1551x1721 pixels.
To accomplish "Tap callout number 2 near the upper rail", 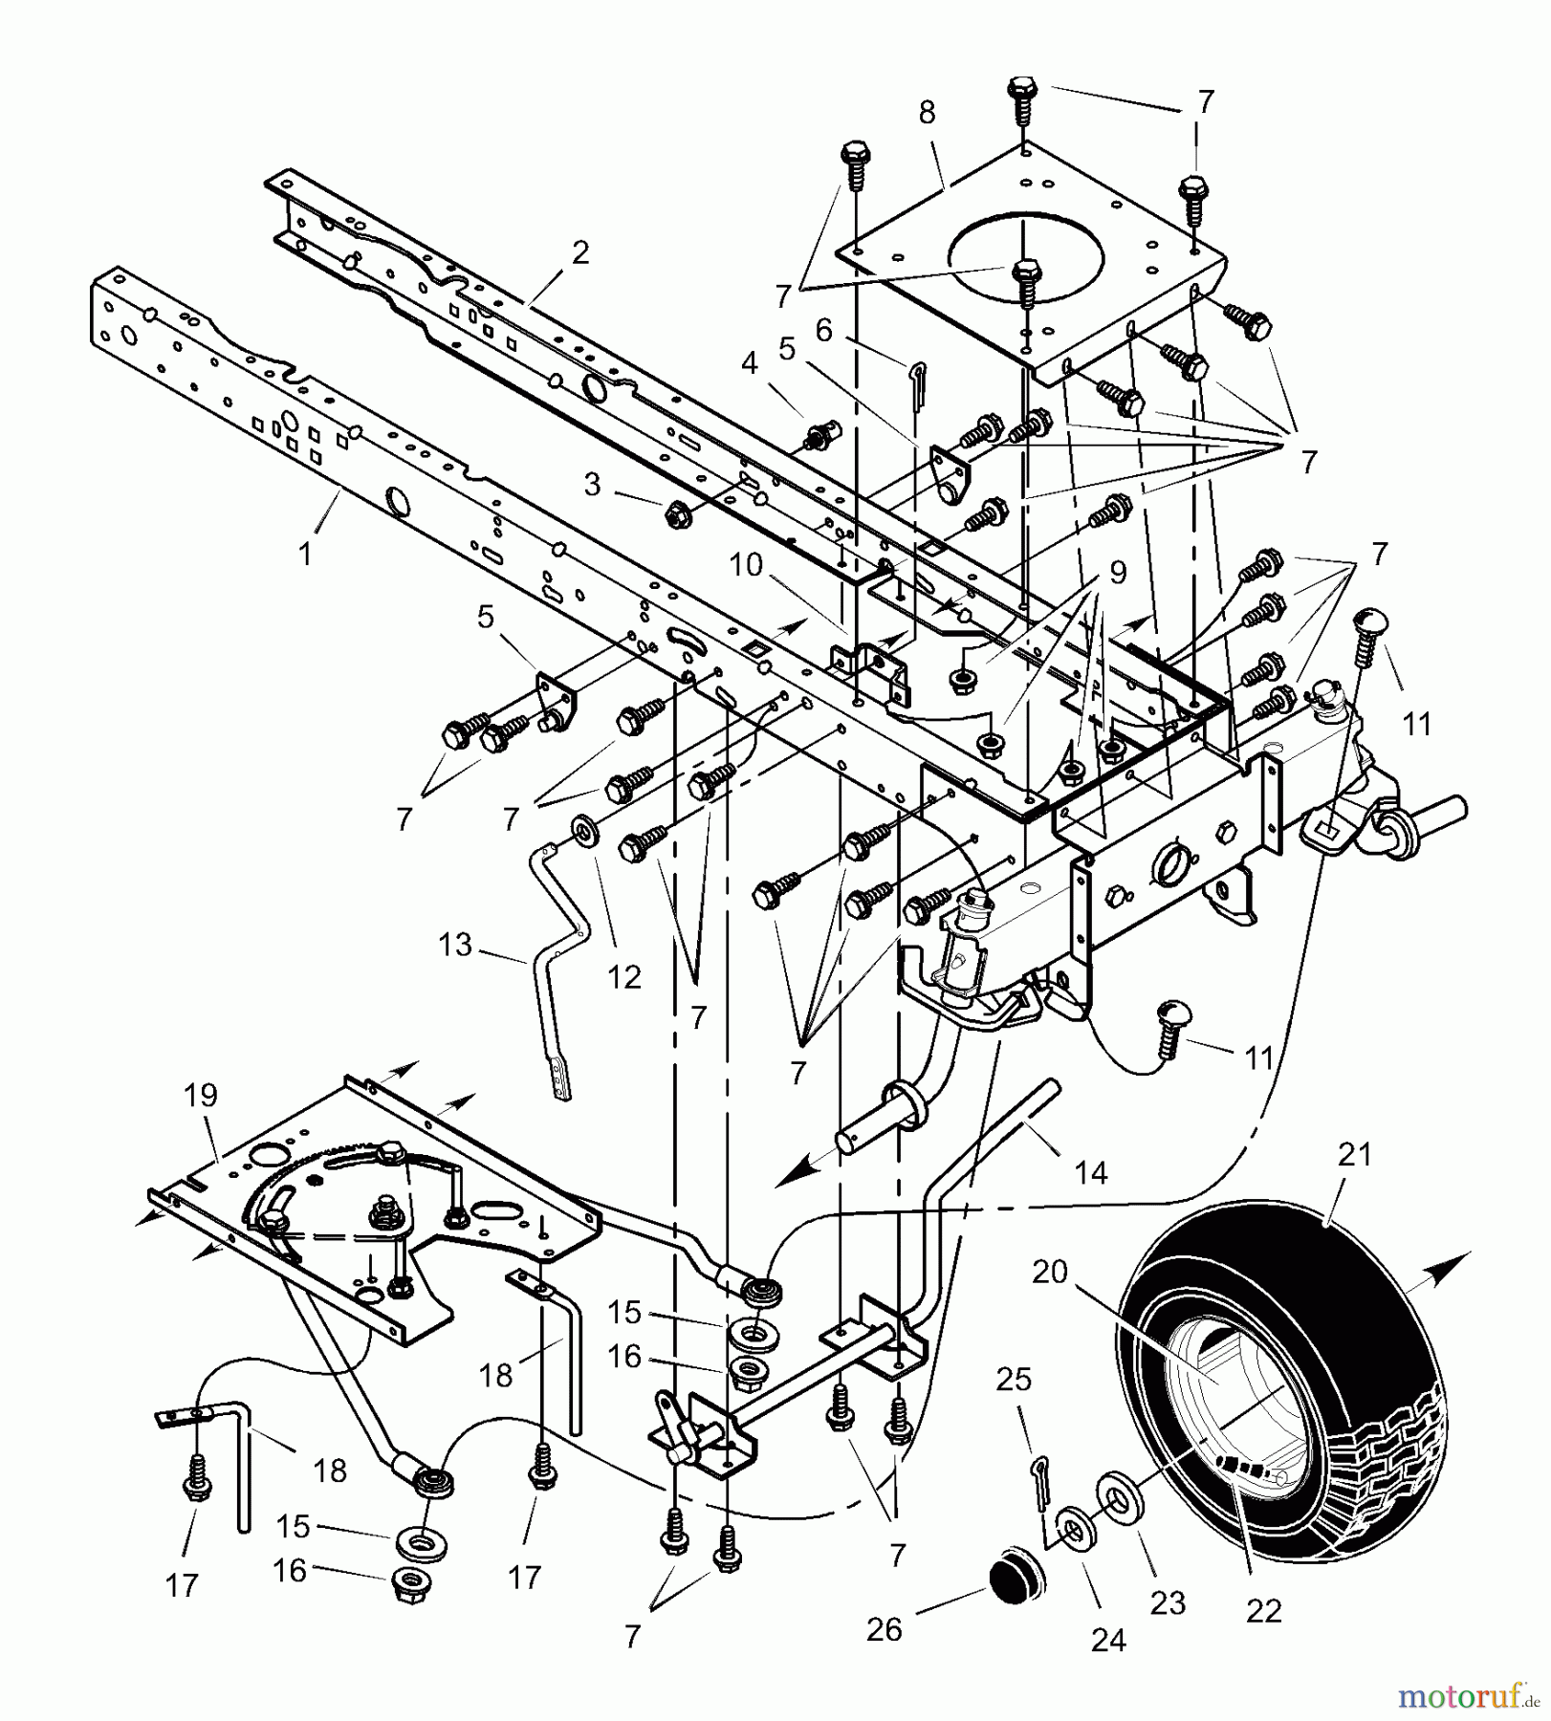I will [x=580, y=253].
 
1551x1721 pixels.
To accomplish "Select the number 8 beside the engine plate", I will [x=926, y=113].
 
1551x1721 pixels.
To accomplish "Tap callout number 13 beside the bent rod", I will [x=455, y=945].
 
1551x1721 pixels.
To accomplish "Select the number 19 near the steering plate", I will [x=200, y=1095].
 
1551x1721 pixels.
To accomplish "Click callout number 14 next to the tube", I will [x=1091, y=1171].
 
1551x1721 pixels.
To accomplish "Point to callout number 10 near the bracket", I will [x=745, y=565].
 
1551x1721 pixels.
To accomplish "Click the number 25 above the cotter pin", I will [x=1014, y=1379].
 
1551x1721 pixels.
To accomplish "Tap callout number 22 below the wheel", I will [x=1263, y=1611].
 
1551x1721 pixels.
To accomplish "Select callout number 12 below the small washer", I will [x=623, y=976].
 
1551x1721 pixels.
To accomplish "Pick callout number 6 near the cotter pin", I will [x=823, y=331].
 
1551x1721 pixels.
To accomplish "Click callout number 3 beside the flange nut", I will [x=592, y=485].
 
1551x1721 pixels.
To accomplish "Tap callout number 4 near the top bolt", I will [x=749, y=363].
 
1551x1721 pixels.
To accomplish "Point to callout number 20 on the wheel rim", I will [x=1049, y=1273].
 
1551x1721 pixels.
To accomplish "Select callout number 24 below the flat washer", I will [x=1108, y=1641].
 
